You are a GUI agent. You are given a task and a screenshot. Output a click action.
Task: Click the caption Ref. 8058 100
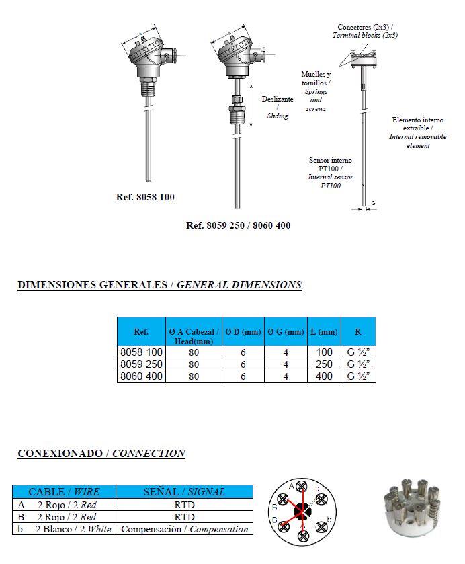click(145, 198)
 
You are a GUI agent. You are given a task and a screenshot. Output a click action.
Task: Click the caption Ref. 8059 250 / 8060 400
click(238, 225)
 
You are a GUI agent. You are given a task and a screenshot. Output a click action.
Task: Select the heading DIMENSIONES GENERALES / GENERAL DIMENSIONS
click(159, 285)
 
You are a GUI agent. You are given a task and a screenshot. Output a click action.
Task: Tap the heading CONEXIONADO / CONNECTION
click(101, 454)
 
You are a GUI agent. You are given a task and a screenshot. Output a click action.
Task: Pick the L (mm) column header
click(325, 332)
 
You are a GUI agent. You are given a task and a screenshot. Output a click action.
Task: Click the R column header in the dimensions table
click(358, 332)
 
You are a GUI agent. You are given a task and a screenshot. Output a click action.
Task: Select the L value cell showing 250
click(325, 364)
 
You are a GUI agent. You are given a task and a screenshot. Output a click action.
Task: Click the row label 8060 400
click(141, 376)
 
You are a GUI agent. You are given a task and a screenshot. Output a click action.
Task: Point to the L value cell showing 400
click(325, 376)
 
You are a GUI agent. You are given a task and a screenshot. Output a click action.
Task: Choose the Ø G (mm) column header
click(286, 332)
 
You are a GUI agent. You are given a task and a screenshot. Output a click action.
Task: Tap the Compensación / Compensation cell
click(185, 529)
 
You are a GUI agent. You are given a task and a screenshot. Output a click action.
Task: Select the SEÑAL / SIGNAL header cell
click(185, 492)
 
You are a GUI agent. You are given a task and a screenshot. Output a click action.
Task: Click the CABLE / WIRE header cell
click(64, 492)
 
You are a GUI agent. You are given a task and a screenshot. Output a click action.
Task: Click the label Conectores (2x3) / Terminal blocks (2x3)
click(366, 30)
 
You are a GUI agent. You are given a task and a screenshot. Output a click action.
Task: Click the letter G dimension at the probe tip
click(373, 202)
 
